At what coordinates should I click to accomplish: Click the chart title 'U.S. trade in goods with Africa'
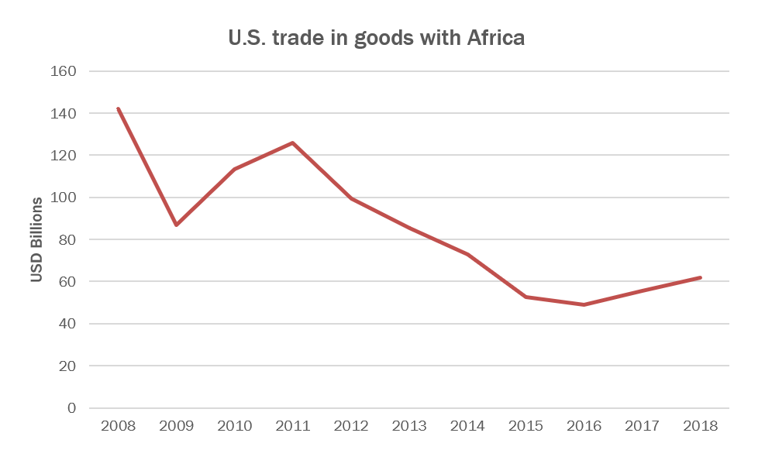[376, 38]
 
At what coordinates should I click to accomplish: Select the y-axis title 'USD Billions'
[36, 239]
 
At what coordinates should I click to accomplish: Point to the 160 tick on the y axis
[64, 71]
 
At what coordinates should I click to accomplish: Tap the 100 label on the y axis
[64, 198]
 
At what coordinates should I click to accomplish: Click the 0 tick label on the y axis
[72, 408]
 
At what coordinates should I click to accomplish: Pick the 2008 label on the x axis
[118, 426]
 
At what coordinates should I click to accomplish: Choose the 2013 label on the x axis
[409, 426]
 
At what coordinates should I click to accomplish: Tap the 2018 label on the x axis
[701, 426]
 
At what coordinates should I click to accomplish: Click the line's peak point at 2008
[118, 108]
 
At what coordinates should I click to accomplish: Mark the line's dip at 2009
[177, 225]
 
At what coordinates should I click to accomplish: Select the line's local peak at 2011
[293, 143]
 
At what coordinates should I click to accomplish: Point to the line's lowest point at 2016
[584, 304]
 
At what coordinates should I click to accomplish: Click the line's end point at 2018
[701, 277]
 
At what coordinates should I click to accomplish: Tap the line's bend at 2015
[526, 297]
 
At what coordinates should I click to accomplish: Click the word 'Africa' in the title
[496, 38]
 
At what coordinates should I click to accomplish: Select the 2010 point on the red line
[235, 169]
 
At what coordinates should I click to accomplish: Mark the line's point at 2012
[351, 198]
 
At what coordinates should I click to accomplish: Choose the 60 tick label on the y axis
[68, 282]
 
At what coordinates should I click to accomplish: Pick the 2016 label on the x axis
[584, 426]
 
